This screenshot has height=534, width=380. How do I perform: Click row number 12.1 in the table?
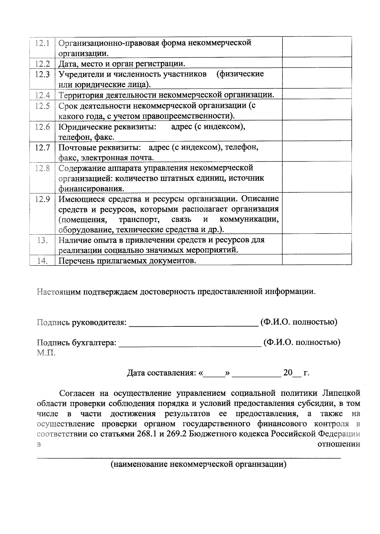(42, 43)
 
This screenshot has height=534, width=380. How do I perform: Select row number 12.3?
(42, 74)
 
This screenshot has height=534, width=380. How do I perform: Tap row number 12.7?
(42, 148)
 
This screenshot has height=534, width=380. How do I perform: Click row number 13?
(42, 240)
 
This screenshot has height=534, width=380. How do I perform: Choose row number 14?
(42, 261)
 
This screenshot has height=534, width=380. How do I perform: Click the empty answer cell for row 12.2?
(317, 63)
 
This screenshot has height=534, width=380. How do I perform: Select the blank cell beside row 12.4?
(317, 94)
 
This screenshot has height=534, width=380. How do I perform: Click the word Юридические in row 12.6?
(81, 127)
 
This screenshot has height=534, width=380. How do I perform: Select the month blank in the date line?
(256, 376)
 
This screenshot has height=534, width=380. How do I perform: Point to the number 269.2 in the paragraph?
(176, 434)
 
